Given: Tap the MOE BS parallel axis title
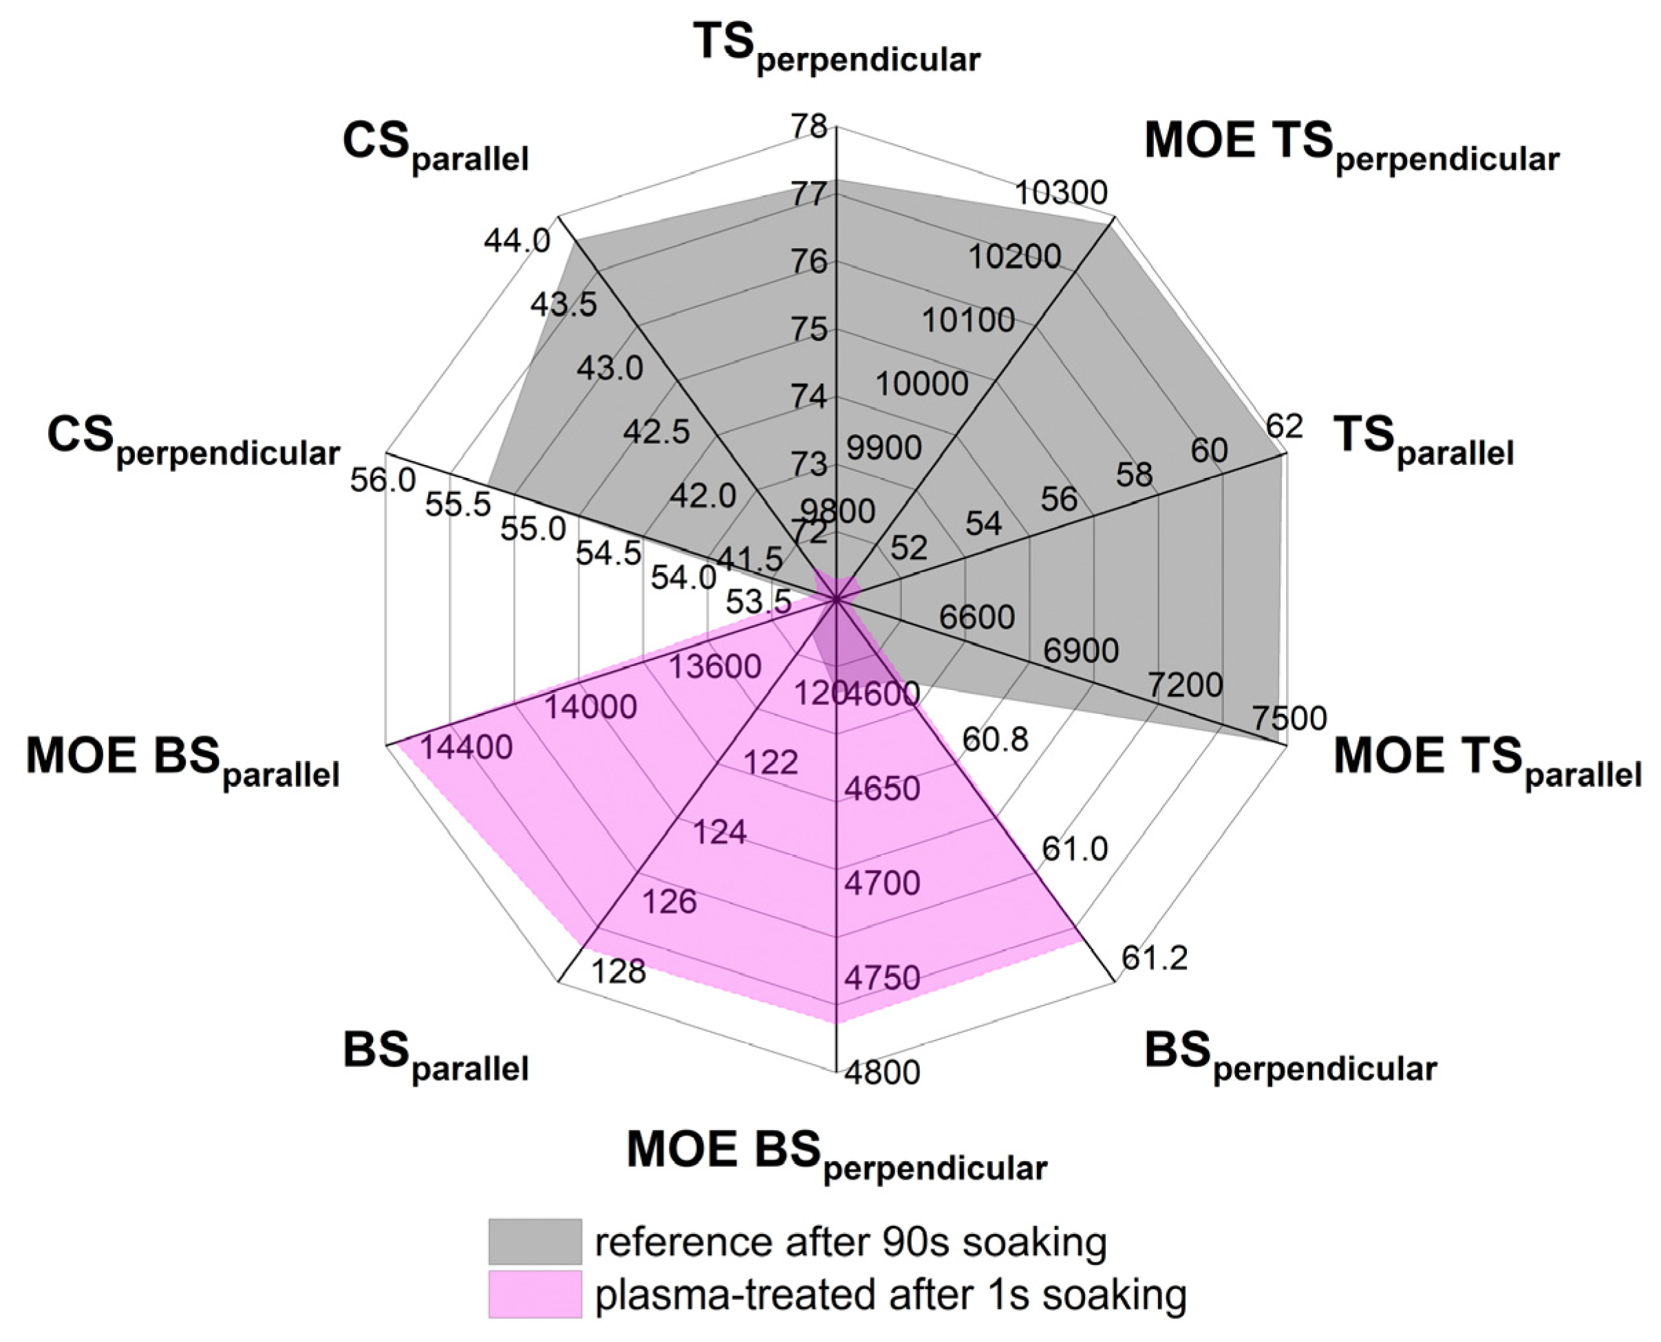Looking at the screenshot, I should coord(182,761).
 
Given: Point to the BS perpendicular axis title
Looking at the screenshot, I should coord(1290,1057).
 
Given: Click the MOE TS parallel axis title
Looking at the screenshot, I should coord(1487,761).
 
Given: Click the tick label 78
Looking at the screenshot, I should coord(809,126).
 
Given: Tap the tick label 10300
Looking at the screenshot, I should coord(1061,193).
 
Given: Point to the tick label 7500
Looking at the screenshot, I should coord(1289,718).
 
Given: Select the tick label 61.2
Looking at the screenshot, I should coord(1154,959).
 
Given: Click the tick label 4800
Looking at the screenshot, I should coord(881,1072).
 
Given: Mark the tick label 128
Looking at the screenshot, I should coord(617,971).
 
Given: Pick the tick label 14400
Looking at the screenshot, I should coord(467,747).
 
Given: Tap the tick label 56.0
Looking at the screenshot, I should coord(383,481).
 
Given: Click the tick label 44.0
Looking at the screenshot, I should coord(517,241).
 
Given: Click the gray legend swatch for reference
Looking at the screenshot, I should coord(535,1242).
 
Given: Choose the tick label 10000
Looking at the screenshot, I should coord(922,382).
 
